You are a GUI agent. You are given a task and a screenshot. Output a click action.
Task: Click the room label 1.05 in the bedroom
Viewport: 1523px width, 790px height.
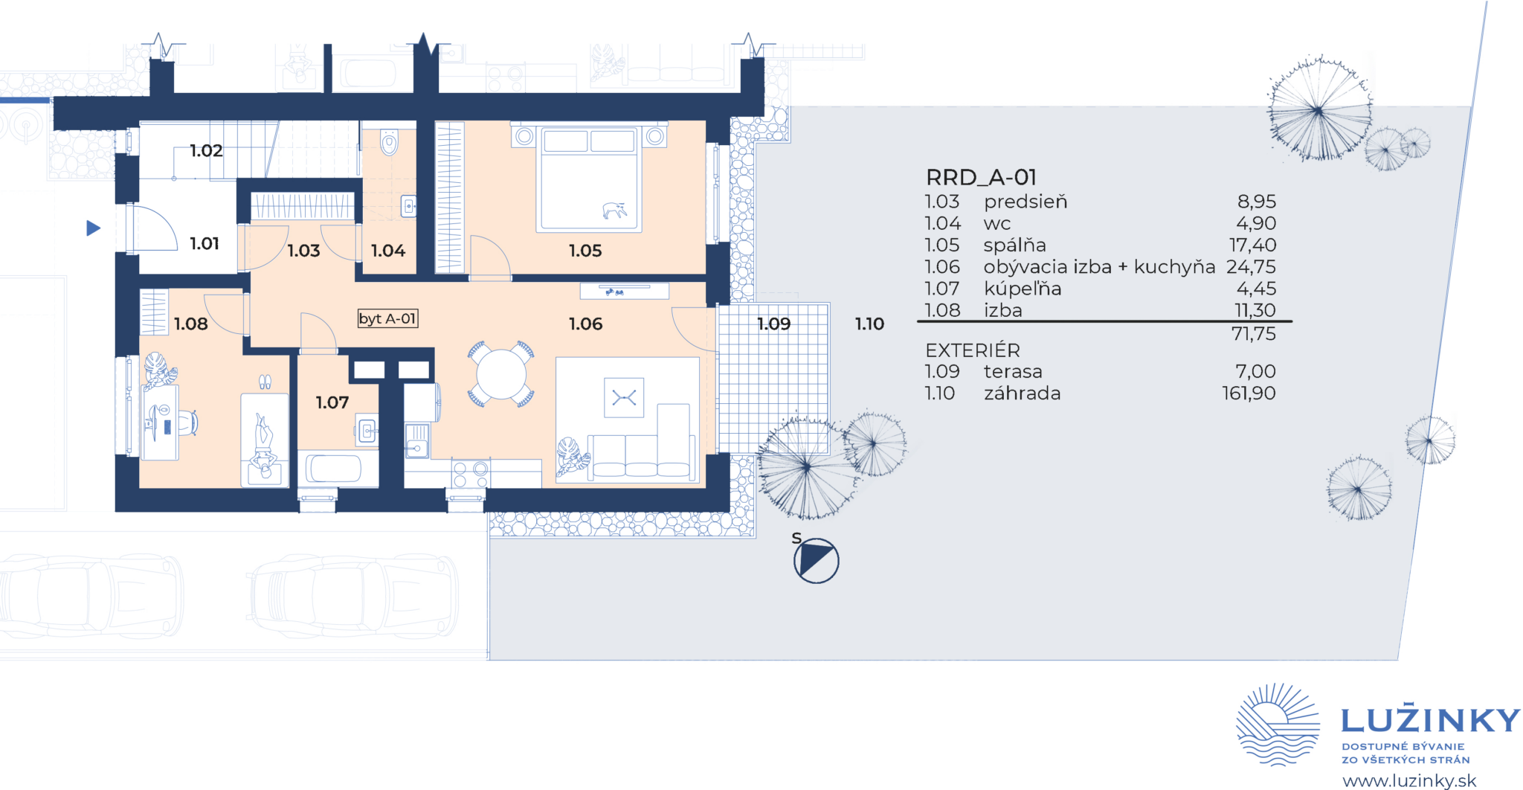tap(585, 251)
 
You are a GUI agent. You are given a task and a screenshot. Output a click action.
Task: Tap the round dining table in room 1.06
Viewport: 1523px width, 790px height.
tap(501, 374)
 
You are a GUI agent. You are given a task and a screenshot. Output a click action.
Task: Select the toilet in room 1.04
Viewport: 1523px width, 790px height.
tap(389, 142)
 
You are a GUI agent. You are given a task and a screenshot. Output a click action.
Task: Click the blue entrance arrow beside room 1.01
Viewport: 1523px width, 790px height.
tap(93, 228)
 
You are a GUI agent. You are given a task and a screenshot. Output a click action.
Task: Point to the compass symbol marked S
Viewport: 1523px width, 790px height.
tap(816, 560)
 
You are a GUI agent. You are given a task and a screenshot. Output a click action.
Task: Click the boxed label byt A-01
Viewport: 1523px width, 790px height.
tap(387, 318)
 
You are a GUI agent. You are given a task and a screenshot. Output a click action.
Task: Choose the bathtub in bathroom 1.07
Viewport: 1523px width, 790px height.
tap(335, 469)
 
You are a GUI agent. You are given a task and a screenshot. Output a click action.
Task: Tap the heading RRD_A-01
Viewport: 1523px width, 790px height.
tap(981, 177)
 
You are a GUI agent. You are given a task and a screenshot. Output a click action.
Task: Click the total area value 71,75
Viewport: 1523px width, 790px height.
tap(1254, 334)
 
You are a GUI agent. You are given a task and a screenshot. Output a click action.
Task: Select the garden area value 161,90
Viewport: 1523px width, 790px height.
tap(1249, 393)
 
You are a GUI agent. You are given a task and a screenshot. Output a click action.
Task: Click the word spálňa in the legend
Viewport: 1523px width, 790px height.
tap(1014, 245)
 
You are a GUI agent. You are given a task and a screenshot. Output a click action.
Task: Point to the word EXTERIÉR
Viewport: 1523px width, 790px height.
tap(973, 350)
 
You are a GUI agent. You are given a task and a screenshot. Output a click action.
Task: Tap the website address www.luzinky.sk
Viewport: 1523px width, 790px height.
tap(1409, 780)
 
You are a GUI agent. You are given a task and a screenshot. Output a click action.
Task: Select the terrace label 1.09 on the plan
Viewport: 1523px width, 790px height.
tap(774, 324)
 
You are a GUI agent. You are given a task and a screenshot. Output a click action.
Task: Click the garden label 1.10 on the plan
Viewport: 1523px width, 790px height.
tap(869, 324)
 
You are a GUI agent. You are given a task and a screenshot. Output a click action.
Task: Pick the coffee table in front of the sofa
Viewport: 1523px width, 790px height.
tap(624, 398)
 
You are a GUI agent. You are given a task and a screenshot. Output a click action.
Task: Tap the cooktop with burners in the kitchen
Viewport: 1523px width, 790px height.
tap(471, 474)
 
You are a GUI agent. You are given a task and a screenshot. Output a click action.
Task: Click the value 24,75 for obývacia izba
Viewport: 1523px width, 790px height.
tap(1251, 266)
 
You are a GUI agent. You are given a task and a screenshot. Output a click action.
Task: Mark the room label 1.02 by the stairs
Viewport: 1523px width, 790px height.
tap(206, 150)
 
